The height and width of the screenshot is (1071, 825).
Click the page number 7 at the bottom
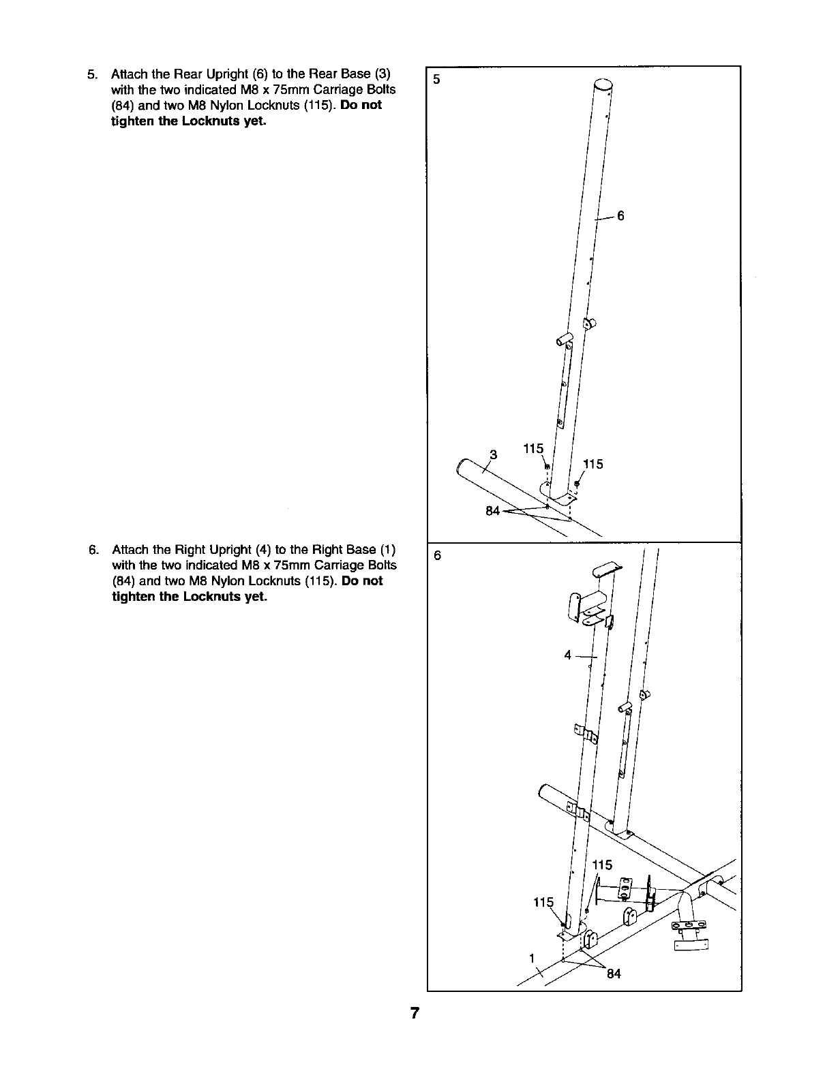[413, 1012]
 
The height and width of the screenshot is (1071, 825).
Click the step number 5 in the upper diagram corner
[437, 78]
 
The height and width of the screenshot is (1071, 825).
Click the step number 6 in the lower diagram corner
[437, 555]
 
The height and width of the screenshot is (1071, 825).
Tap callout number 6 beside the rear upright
[620, 216]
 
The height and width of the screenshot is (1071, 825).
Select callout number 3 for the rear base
[494, 454]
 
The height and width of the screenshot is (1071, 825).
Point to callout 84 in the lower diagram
[614, 974]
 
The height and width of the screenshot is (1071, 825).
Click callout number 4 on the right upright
[567, 655]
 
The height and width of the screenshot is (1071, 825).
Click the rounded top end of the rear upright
[603, 88]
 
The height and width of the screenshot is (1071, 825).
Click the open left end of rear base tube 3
[462, 466]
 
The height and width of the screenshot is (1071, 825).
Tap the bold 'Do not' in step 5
[361, 105]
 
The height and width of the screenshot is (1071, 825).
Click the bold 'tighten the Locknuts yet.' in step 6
[189, 597]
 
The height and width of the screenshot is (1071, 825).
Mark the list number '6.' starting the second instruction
[93, 550]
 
